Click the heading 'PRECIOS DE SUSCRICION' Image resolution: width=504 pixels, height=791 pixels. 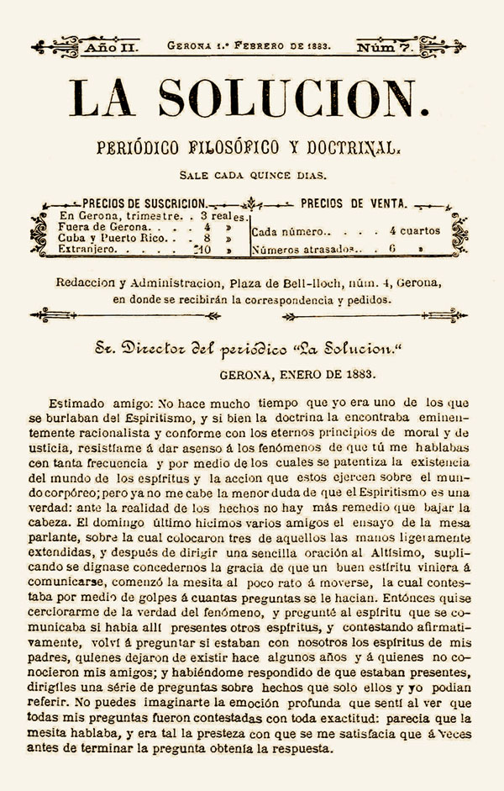(144, 203)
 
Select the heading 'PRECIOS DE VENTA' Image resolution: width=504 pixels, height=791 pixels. (354, 203)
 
